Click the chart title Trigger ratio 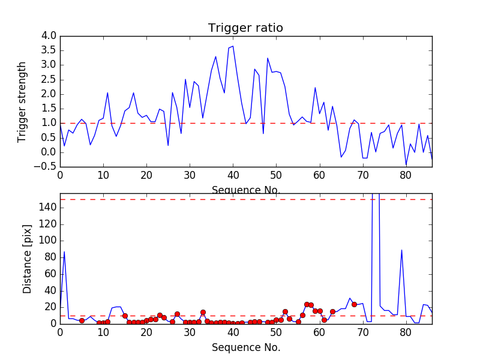coord(245,28)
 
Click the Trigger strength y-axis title coord(22,101)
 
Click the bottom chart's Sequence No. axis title coord(245,347)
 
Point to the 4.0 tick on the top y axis coord(48,36)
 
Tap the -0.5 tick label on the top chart coord(46,166)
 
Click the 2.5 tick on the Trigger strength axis coord(48,79)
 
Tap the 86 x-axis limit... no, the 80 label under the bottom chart coord(406,332)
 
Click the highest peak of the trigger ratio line coord(233,46)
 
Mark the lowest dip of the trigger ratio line coord(406,165)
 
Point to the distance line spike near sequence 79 coord(401,250)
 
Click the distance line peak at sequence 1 coord(64,251)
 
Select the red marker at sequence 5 coord(82,320)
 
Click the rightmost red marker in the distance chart coord(354,304)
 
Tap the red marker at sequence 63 coord(332,311)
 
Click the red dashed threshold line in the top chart coord(180,123)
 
